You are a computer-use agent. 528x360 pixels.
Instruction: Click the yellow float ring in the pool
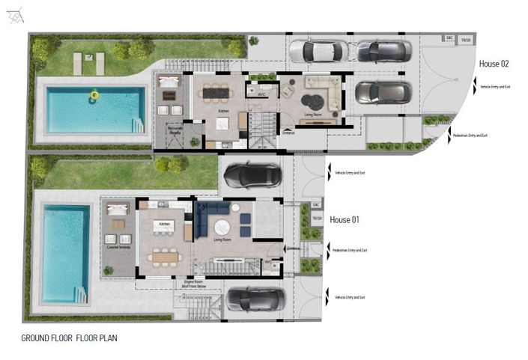[94, 95]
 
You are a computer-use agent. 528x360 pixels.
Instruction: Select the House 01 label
[345, 219]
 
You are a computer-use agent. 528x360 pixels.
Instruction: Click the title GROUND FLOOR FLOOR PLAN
[69, 338]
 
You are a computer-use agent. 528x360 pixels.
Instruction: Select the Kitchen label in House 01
[166, 224]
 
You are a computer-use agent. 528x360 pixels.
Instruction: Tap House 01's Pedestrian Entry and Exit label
[351, 250]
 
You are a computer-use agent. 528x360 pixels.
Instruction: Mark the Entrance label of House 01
[293, 248]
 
